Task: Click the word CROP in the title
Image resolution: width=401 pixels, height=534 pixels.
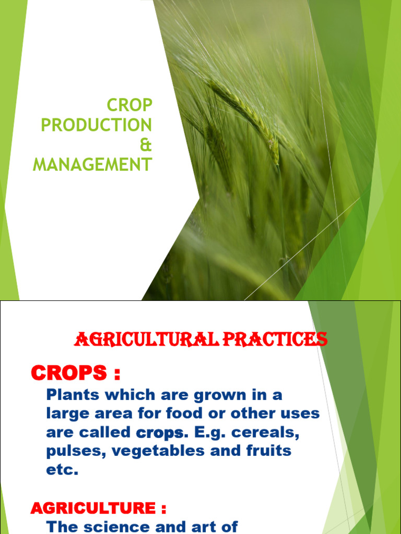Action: click(129, 105)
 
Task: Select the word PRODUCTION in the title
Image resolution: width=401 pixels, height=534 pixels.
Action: click(97, 125)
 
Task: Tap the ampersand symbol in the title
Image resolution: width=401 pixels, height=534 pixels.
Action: click(147, 145)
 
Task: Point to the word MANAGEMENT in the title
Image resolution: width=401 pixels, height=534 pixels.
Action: click(92, 165)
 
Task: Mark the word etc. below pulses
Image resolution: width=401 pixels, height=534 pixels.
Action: click(62, 470)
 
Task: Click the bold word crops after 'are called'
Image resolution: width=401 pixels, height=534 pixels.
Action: click(160, 433)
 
